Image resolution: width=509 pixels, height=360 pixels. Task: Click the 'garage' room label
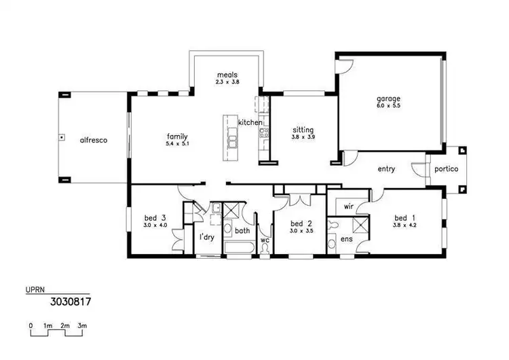pyautogui.click(x=389, y=98)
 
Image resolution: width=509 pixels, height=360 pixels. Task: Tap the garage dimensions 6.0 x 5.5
pyautogui.click(x=389, y=107)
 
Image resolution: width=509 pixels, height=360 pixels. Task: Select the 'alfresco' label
pyautogui.click(x=94, y=140)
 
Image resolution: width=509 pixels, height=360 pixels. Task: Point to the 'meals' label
pyautogui.click(x=227, y=75)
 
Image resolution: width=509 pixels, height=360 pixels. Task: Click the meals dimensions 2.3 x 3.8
pyautogui.click(x=227, y=82)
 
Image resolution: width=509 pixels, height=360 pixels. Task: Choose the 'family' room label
pyautogui.click(x=176, y=136)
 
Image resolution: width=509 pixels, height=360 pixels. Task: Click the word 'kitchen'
pyautogui.click(x=250, y=122)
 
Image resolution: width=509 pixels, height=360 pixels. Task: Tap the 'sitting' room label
pyautogui.click(x=303, y=129)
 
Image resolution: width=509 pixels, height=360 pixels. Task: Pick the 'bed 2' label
pyautogui.click(x=301, y=223)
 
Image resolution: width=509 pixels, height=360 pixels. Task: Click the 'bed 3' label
pyautogui.click(x=155, y=217)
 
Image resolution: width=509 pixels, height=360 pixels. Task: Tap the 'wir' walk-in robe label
pyautogui.click(x=349, y=206)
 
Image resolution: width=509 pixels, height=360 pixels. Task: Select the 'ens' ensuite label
pyautogui.click(x=346, y=239)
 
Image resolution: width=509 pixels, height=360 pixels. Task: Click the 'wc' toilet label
pyautogui.click(x=265, y=239)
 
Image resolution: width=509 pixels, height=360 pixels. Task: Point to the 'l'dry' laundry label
pyautogui.click(x=207, y=237)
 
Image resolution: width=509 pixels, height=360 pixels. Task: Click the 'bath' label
pyautogui.click(x=242, y=231)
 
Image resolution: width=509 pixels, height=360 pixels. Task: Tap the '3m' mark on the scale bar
pyautogui.click(x=81, y=326)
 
